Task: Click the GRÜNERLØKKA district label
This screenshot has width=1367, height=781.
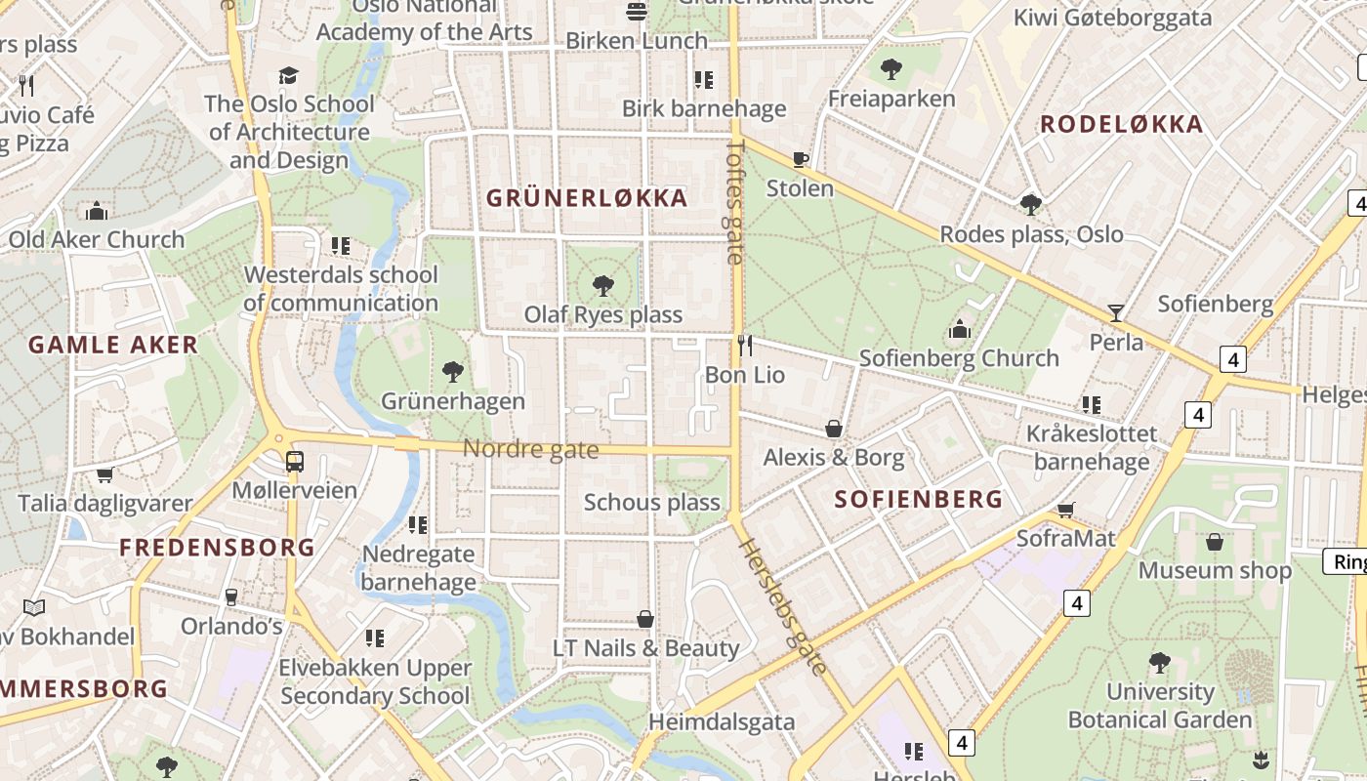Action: point(587,198)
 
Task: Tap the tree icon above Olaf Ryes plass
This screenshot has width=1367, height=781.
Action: point(603,286)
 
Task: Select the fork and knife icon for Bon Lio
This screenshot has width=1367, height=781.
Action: point(745,345)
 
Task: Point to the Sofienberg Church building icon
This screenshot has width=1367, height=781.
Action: point(960,329)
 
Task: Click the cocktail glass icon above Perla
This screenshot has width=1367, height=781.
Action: point(1116,312)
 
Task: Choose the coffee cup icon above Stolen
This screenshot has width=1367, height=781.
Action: point(801,159)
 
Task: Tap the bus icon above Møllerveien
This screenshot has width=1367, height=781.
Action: point(294,461)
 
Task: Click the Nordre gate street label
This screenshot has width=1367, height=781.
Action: point(530,449)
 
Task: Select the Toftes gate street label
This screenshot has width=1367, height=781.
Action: point(735,201)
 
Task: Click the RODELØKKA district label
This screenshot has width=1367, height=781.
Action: point(1121,125)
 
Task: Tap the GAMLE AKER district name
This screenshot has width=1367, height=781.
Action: point(113,345)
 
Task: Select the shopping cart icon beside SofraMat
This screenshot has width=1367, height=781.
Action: point(1066,510)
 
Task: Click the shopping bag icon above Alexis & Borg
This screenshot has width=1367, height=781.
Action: point(834,429)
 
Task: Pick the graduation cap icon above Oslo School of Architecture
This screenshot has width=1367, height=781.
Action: point(288,75)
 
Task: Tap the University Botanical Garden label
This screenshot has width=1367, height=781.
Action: point(1159,706)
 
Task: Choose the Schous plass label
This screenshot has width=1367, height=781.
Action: point(651,503)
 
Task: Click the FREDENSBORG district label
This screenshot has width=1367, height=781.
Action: point(217,548)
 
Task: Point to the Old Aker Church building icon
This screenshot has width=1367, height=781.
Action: point(97,211)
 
